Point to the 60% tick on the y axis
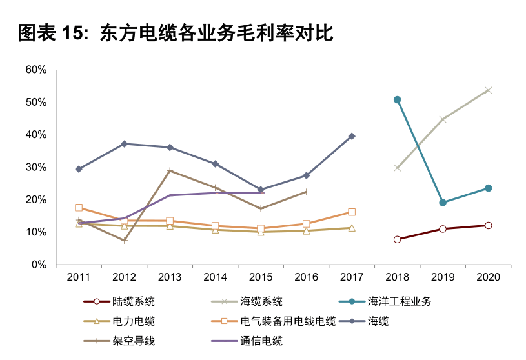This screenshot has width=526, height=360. [35, 70]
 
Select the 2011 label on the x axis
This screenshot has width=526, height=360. [79, 277]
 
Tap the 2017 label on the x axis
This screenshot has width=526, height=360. [352, 277]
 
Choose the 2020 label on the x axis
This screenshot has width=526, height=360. [488, 277]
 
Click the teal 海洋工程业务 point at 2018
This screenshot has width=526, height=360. [398, 100]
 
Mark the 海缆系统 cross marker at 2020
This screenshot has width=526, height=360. [489, 90]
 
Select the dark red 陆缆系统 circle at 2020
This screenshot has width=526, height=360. [489, 225]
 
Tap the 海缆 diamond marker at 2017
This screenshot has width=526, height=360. [352, 136]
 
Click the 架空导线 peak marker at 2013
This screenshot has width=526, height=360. [170, 171]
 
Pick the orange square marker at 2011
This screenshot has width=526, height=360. [79, 208]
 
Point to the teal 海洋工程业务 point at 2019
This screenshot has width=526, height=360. [443, 203]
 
